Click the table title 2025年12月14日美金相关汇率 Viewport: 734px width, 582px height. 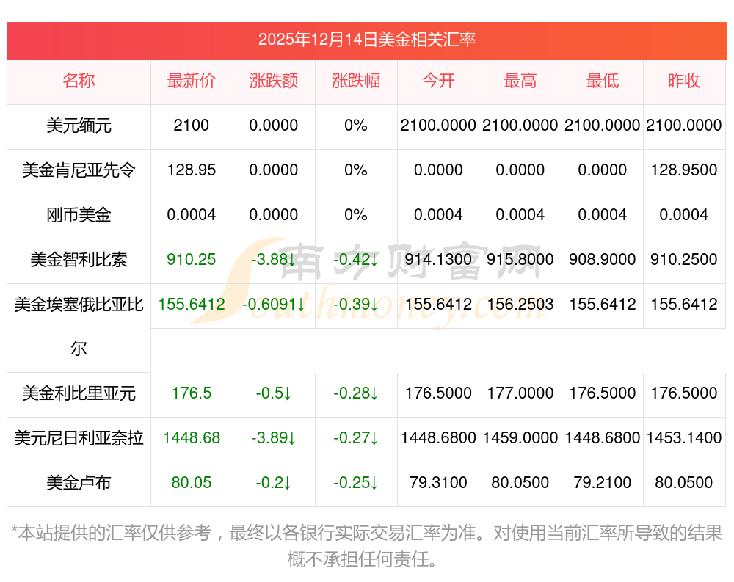click(x=366, y=40)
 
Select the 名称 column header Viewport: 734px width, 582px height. click(x=79, y=81)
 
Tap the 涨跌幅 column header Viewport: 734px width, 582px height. click(x=356, y=81)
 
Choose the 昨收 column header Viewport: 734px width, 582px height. click(x=684, y=81)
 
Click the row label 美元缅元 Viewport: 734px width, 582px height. click(x=79, y=126)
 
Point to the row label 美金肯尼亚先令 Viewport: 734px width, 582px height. click(x=79, y=170)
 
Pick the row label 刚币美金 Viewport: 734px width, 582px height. click(x=79, y=215)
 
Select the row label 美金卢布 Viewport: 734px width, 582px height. click(x=79, y=483)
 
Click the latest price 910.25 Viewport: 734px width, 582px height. click(x=192, y=260)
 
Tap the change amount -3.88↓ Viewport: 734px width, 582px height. click(x=273, y=260)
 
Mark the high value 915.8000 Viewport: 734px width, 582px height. click(x=520, y=260)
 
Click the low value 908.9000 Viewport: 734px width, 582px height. click(x=603, y=260)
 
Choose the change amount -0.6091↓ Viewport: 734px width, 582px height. click(x=273, y=305)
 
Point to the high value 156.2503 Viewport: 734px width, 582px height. click(x=520, y=305)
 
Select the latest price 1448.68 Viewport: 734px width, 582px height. click(x=192, y=438)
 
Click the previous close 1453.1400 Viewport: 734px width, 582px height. click(x=684, y=438)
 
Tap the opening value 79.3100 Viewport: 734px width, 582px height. click(x=438, y=483)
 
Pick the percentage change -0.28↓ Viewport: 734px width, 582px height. click(x=356, y=393)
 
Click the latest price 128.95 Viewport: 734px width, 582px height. click(x=192, y=170)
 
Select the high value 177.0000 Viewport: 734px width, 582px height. click(x=520, y=393)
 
